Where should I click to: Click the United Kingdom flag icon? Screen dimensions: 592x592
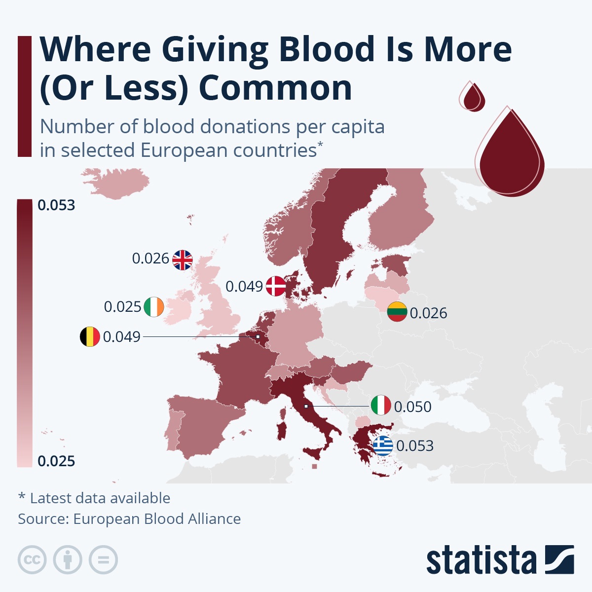(183, 259)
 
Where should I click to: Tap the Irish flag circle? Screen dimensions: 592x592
(154, 307)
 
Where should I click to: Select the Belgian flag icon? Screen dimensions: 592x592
(90, 336)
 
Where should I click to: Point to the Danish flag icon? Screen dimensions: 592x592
(276, 286)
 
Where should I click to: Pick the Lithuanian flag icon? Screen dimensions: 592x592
(397, 312)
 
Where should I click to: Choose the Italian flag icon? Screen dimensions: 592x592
(381, 406)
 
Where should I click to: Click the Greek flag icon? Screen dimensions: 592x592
(383, 445)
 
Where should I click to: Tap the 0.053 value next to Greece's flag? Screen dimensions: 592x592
(415, 446)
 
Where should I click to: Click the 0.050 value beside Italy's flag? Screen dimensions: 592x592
(413, 407)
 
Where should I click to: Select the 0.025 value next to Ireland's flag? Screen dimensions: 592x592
(122, 307)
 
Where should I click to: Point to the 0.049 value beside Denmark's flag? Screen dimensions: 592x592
(244, 287)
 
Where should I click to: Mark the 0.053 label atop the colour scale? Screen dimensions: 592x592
(56, 205)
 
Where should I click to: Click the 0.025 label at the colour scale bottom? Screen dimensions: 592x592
(56, 461)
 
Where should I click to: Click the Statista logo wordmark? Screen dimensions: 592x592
(481, 560)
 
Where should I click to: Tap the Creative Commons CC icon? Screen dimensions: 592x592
(32, 560)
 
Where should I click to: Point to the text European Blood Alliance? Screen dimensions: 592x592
(157, 519)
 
